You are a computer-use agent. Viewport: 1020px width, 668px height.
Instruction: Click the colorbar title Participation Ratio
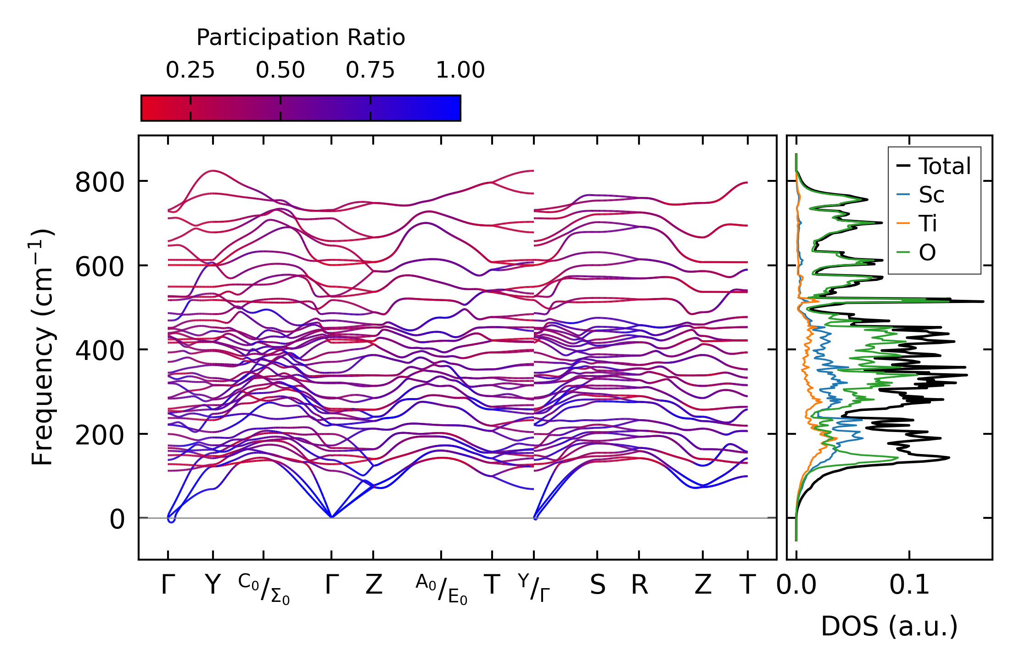pos(301,38)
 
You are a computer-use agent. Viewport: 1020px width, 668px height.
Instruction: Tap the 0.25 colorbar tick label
pos(190,71)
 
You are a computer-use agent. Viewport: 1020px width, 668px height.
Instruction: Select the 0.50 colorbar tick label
pos(280,71)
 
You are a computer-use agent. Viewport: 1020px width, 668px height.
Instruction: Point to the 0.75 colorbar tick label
pos(370,71)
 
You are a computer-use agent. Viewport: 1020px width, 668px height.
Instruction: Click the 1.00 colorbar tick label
pos(460,71)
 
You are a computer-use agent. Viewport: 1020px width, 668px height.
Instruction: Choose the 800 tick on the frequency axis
pos(100,182)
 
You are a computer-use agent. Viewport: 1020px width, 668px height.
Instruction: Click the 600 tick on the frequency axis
pos(100,267)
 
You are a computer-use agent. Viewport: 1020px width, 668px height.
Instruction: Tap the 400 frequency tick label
pos(100,351)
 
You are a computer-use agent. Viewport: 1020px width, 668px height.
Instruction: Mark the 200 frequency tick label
pos(100,435)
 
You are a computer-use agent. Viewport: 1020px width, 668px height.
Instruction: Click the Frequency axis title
pos(42,347)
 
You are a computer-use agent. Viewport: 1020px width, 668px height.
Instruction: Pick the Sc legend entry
pos(931,195)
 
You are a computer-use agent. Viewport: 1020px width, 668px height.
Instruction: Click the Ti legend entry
pos(928,224)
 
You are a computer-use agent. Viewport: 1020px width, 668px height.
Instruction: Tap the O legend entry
pos(927,253)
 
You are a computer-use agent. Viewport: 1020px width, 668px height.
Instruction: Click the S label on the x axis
pos(597,585)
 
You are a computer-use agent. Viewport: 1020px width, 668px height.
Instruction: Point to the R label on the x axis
pos(639,585)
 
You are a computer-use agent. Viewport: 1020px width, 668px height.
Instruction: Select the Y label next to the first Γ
pos(213,585)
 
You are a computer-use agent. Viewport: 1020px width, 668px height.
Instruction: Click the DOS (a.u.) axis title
pos(889,627)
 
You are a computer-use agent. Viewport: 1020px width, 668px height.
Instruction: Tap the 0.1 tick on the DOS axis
pos(909,585)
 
